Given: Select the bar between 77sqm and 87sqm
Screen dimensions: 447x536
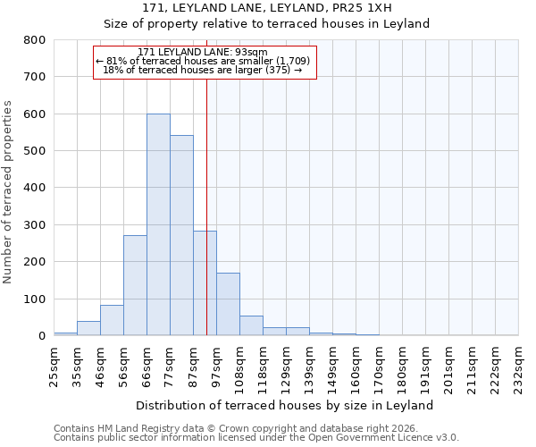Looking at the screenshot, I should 181,235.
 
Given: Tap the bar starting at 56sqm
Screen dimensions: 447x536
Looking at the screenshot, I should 135,285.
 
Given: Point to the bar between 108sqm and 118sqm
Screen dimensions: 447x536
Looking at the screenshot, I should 251,325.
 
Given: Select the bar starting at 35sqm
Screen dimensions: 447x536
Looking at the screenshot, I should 88,328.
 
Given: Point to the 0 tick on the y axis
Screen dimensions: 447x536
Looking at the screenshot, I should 41,336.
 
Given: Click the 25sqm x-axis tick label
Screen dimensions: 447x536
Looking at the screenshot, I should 54,366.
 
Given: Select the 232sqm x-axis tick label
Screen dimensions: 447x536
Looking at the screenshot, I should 519,366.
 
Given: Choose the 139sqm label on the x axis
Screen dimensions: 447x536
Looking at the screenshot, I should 310,366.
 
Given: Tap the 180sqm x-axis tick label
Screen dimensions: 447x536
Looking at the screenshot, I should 403,366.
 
